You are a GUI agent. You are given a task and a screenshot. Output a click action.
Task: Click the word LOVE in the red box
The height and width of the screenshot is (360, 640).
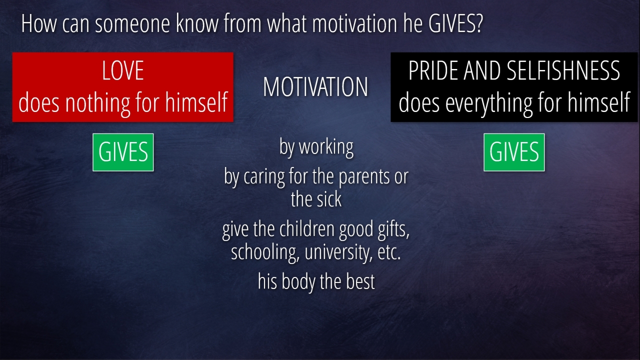click(x=123, y=70)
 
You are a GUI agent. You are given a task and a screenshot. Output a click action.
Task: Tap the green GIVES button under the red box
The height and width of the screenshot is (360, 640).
click(x=123, y=152)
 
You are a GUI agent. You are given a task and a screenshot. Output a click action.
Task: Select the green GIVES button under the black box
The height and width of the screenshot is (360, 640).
click(x=514, y=152)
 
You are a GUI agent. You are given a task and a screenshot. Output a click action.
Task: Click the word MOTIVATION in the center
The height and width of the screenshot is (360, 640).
click(x=315, y=87)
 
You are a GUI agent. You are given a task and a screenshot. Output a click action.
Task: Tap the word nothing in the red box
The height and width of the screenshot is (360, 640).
click(x=97, y=103)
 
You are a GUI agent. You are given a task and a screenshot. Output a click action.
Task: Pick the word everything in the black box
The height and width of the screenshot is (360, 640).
click(x=488, y=103)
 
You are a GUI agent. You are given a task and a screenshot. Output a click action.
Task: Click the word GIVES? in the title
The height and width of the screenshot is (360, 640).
click(x=456, y=23)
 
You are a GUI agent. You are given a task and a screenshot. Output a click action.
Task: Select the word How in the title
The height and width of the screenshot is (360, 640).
click(x=39, y=23)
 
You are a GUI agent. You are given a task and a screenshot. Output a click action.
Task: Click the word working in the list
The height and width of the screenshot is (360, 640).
click(x=326, y=147)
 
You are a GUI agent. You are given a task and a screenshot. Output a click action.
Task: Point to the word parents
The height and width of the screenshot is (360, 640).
click(x=364, y=176)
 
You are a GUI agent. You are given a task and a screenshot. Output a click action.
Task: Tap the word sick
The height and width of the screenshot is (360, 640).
click(x=329, y=199)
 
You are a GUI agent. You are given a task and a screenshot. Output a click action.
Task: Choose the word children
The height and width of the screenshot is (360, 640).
click(x=307, y=229)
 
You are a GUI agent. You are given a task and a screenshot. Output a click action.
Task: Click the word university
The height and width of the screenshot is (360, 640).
click(x=339, y=252)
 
